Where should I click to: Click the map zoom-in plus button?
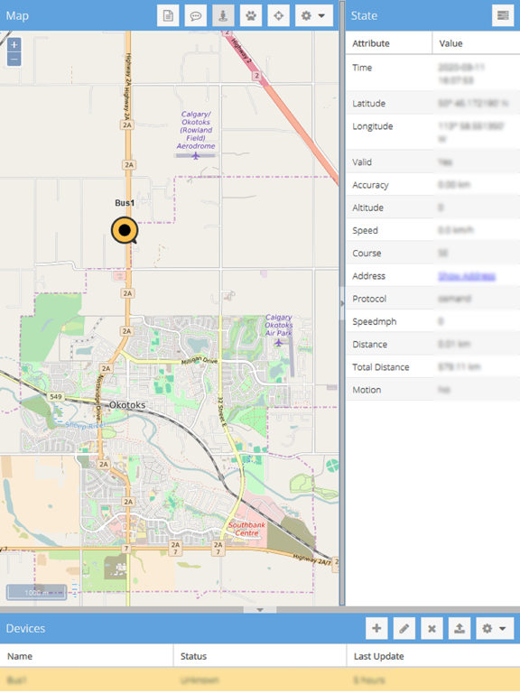coord(14,45)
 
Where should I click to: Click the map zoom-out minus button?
coord(14,60)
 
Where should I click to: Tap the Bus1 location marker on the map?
coord(125,231)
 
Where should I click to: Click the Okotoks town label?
coord(126,405)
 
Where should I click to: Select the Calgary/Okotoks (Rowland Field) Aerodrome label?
coord(196,131)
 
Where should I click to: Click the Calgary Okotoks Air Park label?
coord(278,324)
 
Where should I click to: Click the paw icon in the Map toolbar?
coord(251,16)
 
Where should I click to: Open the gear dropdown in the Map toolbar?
coord(314,16)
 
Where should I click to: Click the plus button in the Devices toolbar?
coord(376,629)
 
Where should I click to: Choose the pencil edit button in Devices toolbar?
coord(404,629)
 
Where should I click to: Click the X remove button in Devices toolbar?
coord(432,629)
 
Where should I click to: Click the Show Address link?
coord(466,276)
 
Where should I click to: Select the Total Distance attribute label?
coord(380,367)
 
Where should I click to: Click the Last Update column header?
coord(378,656)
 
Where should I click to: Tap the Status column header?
coord(194,656)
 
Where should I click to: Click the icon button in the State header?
coord(503,16)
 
